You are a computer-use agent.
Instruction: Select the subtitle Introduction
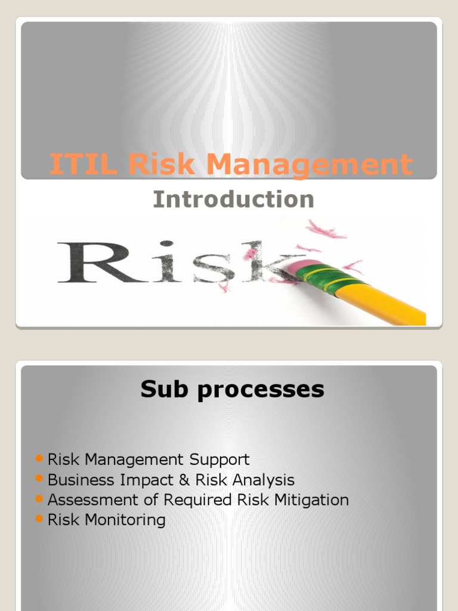tap(233, 199)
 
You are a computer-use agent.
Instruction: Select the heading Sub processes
tap(232, 390)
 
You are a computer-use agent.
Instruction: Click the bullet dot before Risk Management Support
tap(39, 458)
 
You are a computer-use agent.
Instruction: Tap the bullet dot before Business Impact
tap(39, 479)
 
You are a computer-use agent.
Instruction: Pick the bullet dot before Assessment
tap(39, 498)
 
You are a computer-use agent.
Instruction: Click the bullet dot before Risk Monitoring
tap(39, 519)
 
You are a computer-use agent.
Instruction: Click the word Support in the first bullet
tap(219, 460)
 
